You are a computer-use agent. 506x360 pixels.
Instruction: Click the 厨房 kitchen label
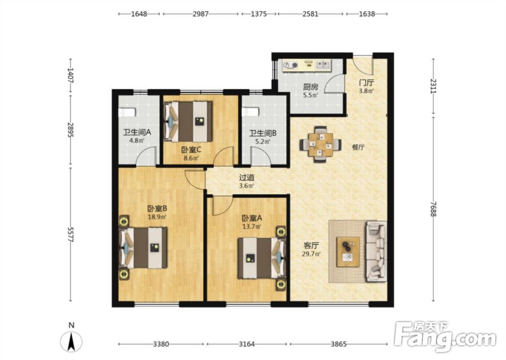click(x=311, y=87)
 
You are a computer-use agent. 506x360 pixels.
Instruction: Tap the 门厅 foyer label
click(x=367, y=83)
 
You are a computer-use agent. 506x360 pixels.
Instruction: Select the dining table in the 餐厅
click(x=320, y=145)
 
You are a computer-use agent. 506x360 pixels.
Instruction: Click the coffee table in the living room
click(x=348, y=252)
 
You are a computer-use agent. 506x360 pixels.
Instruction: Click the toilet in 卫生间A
click(x=127, y=112)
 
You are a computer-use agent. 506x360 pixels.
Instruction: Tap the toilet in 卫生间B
click(x=250, y=112)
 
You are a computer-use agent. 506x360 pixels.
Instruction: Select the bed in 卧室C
click(x=188, y=121)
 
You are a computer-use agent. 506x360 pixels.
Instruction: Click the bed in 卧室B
click(x=143, y=248)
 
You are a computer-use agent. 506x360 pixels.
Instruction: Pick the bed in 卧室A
click(x=261, y=258)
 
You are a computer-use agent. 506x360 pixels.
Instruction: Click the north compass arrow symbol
click(x=71, y=342)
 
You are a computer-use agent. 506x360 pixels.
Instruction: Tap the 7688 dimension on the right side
click(x=433, y=209)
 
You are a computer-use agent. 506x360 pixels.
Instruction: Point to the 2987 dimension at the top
click(x=200, y=14)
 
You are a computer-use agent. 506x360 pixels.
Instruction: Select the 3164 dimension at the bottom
click(x=247, y=344)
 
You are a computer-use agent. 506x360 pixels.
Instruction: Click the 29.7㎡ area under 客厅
click(x=311, y=254)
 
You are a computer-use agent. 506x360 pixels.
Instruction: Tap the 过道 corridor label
click(x=247, y=177)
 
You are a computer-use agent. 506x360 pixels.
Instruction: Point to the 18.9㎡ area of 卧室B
click(x=157, y=217)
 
